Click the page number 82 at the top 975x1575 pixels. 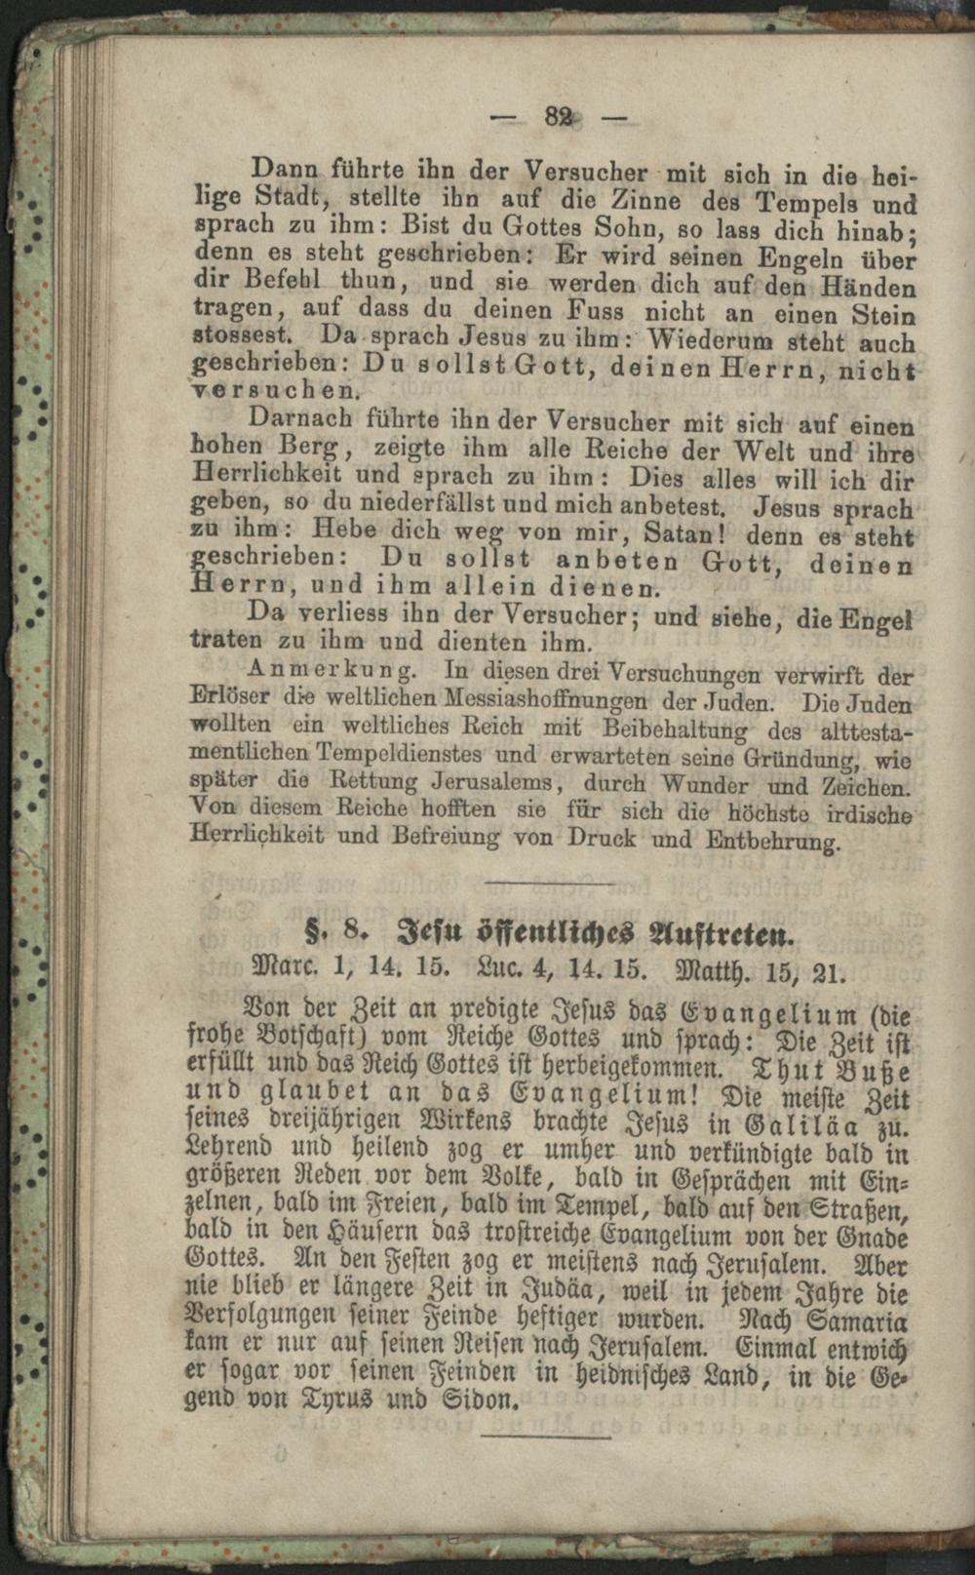point(559,117)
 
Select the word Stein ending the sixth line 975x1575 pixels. point(883,316)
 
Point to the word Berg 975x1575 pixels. point(308,448)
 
